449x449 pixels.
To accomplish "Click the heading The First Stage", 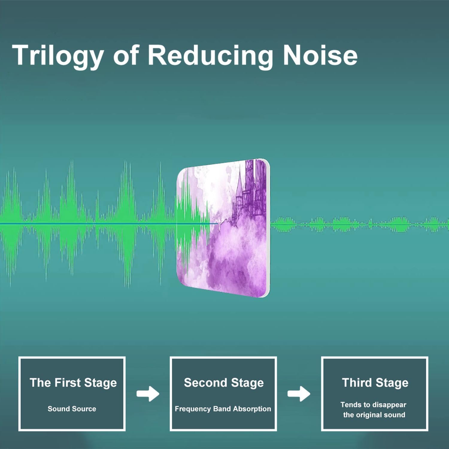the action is pos(73,383).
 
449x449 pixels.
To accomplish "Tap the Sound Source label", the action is pos(72,409).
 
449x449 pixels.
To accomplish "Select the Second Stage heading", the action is pos(224,383).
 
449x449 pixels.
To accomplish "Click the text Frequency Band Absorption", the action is pos(223,409).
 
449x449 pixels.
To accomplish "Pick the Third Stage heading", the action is pos(375,383).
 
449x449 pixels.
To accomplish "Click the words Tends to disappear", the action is pos(373,405).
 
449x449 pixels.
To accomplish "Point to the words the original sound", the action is pos(374,415).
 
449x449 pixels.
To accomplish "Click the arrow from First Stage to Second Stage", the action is pos(148,394).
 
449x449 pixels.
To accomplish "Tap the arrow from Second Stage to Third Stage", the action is pos(299,394).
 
